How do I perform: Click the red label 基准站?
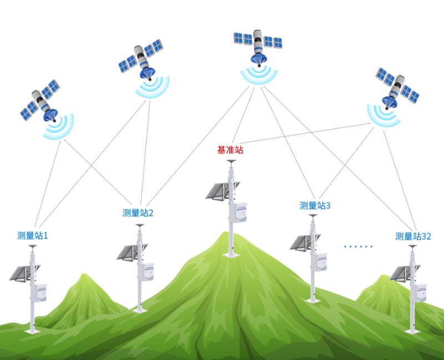[x=230, y=149]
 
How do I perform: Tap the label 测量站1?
[x=32, y=235]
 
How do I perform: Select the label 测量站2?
[x=138, y=213]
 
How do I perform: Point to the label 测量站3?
[x=315, y=206]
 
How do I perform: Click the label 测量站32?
[x=413, y=236]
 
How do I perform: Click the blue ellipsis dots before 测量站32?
[x=358, y=246]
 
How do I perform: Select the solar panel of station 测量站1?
[x=23, y=273]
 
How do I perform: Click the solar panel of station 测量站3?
[x=304, y=242]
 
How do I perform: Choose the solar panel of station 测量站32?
[x=403, y=273]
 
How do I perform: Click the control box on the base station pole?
[x=238, y=212]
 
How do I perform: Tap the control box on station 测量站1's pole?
[x=39, y=293]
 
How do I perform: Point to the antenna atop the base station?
[x=231, y=162]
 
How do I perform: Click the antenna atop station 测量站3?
[x=312, y=215]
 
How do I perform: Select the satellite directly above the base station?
[x=258, y=47]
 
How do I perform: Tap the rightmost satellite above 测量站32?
[x=396, y=88]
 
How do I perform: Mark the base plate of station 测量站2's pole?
[x=140, y=311]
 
